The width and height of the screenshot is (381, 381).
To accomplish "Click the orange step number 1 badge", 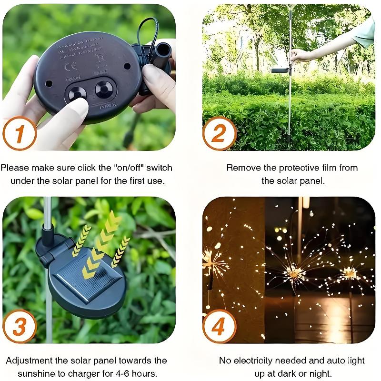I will (x=20, y=133).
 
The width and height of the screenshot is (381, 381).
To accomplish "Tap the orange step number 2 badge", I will (x=219, y=133).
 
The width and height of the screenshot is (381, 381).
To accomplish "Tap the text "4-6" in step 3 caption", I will (x=129, y=373).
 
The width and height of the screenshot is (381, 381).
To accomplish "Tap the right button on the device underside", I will (x=103, y=90).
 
